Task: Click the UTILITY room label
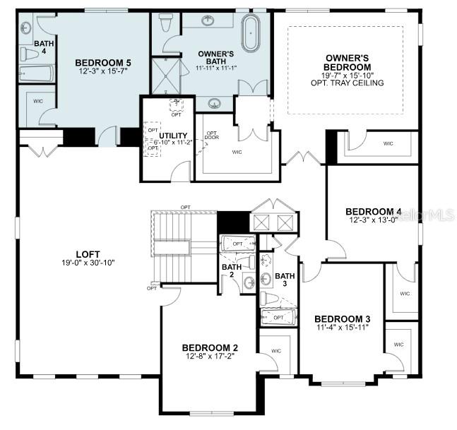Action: click(x=173, y=135)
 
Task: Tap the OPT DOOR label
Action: click(x=211, y=136)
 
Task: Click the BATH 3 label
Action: click(x=285, y=280)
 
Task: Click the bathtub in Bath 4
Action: click(x=33, y=73)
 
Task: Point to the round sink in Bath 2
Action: click(x=249, y=282)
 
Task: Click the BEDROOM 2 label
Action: click(x=210, y=347)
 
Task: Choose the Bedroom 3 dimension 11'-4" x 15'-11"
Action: click(x=342, y=327)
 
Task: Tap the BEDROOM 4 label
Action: click(x=373, y=212)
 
